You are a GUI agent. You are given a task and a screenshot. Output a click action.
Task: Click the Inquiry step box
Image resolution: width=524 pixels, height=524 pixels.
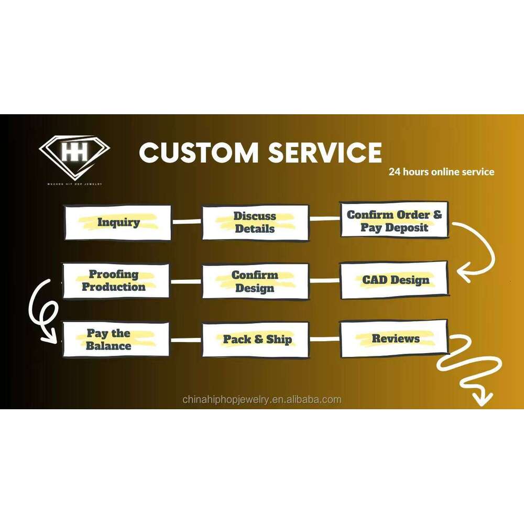118,222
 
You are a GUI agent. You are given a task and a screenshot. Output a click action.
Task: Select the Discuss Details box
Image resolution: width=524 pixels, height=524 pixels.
255,222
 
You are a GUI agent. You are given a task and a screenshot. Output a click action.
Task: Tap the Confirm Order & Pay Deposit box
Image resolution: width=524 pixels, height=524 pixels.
394,221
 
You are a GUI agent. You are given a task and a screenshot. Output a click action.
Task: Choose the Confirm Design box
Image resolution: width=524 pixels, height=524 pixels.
255,281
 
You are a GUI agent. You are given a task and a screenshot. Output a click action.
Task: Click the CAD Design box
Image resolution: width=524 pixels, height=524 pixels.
395,280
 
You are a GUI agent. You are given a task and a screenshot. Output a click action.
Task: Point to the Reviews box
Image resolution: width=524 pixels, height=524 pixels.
395,339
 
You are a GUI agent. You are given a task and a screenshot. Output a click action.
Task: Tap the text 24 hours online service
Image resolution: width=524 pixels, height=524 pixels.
441,172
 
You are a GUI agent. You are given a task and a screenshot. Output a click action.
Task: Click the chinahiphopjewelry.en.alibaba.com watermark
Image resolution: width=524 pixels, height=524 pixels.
262,400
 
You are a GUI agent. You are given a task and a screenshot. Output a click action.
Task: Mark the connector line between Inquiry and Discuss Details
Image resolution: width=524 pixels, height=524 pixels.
187,222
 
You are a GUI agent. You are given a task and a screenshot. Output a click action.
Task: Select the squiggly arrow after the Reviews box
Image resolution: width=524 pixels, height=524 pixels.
472,367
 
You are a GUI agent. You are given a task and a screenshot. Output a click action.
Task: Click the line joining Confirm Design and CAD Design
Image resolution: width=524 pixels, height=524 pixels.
325,281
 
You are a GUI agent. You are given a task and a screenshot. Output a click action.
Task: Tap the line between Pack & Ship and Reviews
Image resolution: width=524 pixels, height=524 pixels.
325,339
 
